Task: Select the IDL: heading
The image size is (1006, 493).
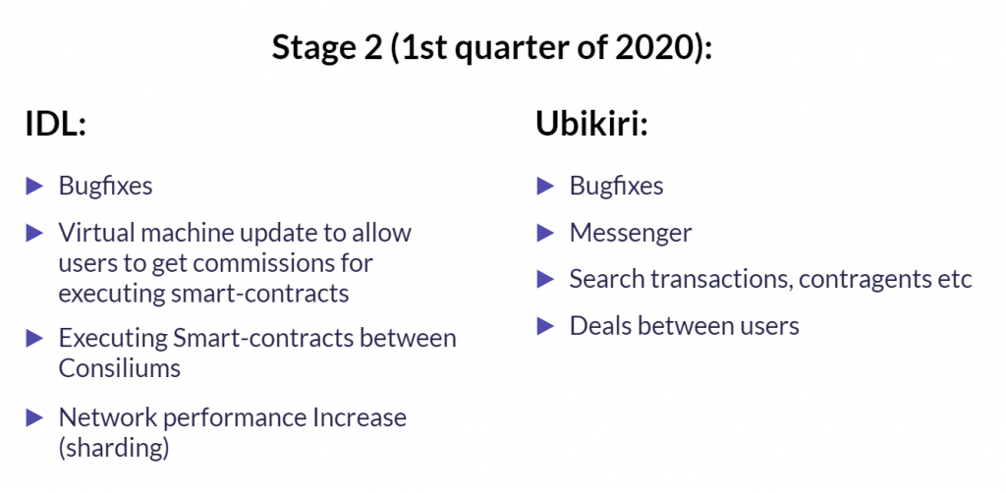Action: click(56, 124)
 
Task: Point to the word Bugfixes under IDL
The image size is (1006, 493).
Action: click(106, 186)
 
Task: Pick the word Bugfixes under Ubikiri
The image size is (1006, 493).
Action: click(617, 186)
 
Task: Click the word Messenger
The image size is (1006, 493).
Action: click(631, 234)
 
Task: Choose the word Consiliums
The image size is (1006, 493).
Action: click(119, 368)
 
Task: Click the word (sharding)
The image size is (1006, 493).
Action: click(114, 449)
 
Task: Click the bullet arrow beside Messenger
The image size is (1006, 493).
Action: click(545, 234)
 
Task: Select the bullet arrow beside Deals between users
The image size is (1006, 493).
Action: click(545, 326)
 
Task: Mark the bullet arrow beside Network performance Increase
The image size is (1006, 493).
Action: click(34, 418)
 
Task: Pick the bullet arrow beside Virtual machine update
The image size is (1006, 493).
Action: click(34, 233)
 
